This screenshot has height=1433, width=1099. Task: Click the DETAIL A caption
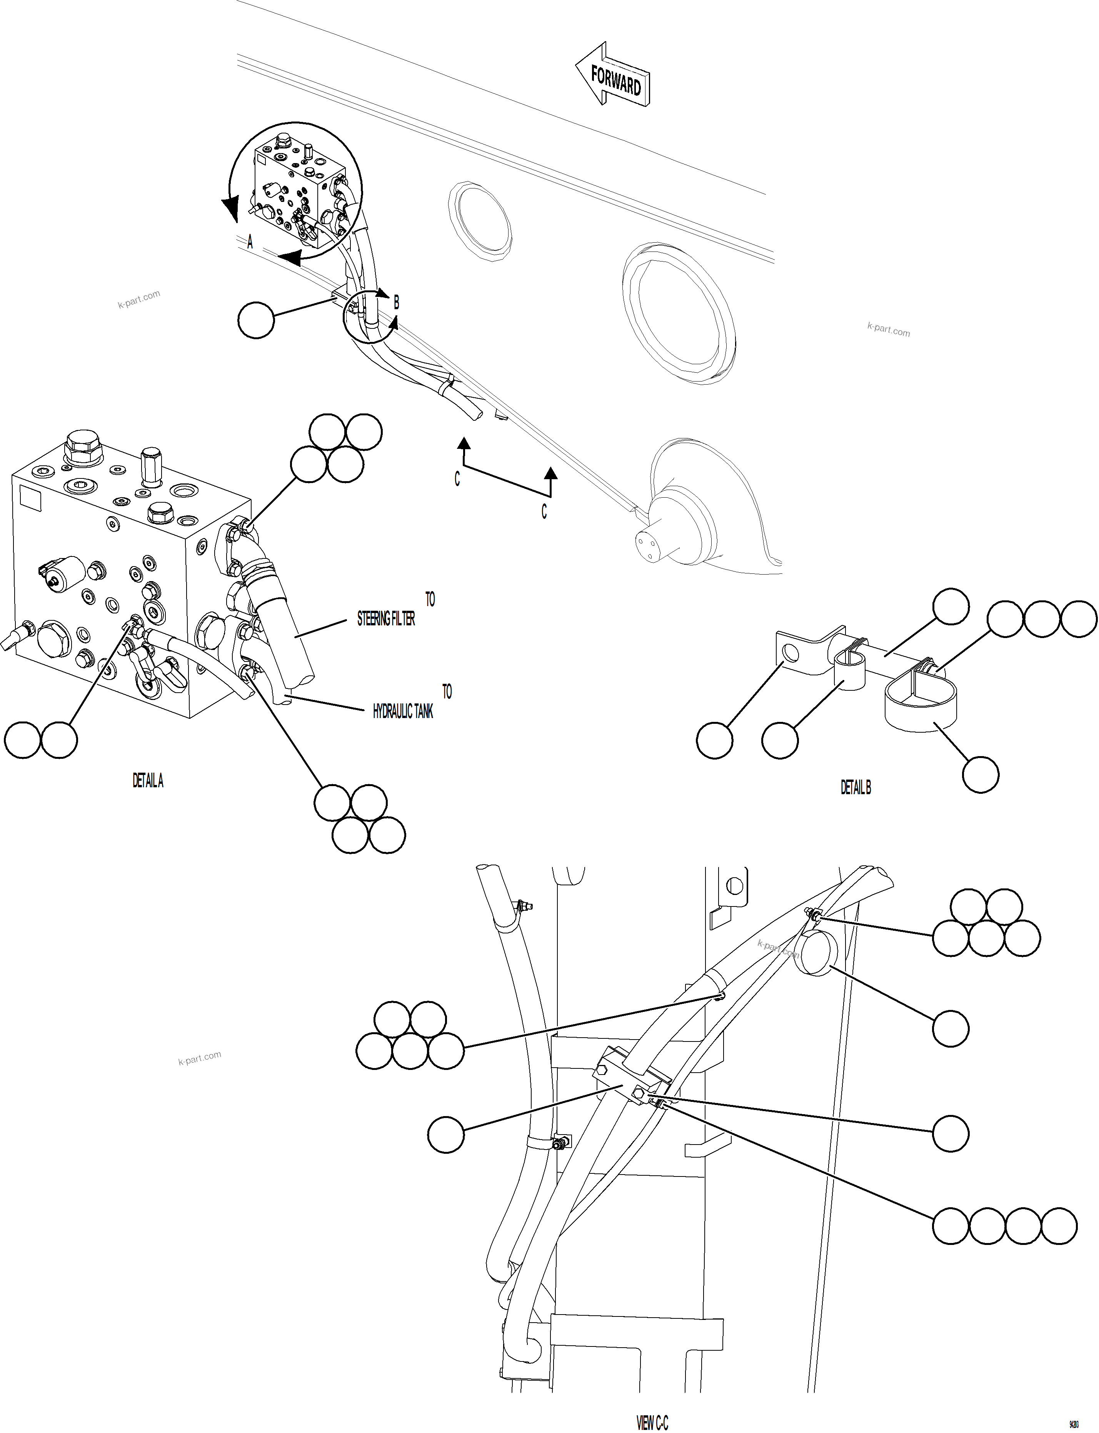pyautogui.click(x=148, y=781)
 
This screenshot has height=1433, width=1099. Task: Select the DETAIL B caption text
pyautogui.click(x=856, y=788)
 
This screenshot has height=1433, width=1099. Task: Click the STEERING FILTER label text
pyautogui.click(x=386, y=619)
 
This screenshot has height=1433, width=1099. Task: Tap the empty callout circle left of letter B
pyautogui.click(x=256, y=320)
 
